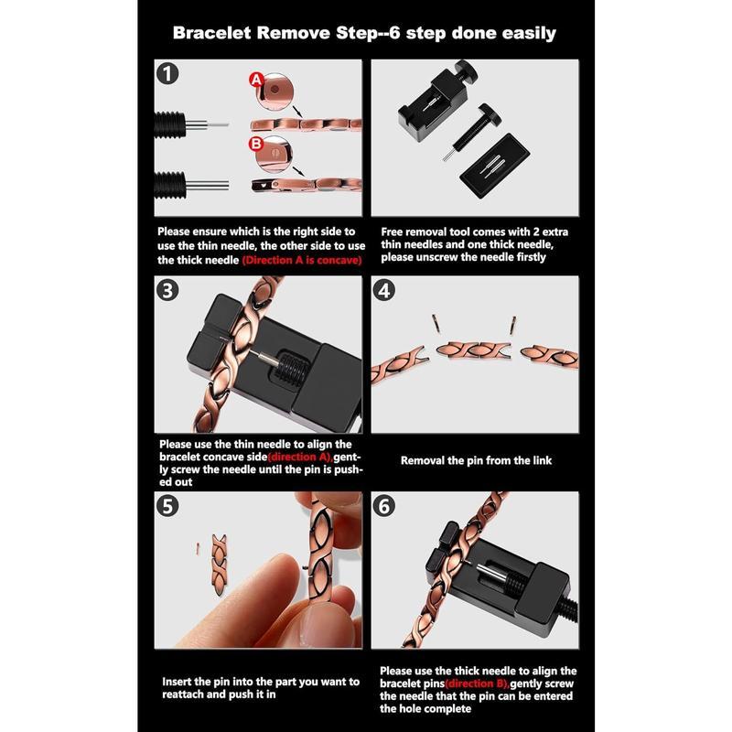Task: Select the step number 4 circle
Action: (384, 290)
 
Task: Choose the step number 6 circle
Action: (384, 505)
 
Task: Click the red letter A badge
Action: (256, 82)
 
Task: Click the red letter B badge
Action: (256, 143)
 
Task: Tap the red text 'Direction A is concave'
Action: (302, 260)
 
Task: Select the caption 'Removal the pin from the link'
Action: (476, 460)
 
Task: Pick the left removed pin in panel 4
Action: (436, 322)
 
